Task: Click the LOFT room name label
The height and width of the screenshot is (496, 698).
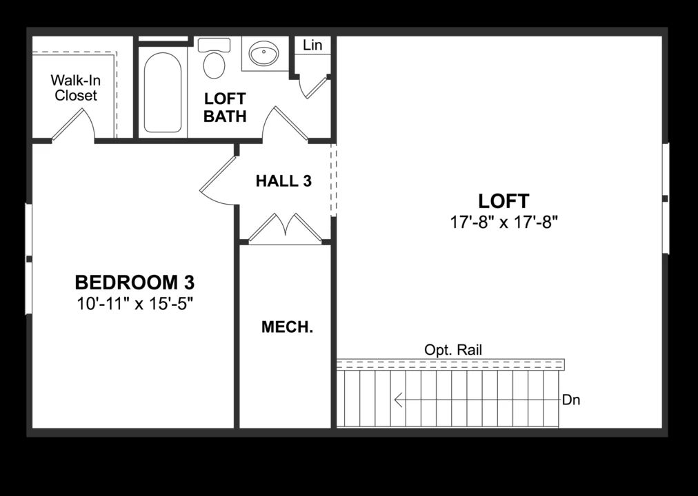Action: coord(503,201)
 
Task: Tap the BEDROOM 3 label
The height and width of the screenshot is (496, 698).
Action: coord(134,282)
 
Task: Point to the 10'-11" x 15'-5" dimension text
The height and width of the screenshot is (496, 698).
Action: coord(134,303)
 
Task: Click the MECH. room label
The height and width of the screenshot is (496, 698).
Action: coord(287,327)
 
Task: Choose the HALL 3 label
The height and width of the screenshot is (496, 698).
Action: coord(283,181)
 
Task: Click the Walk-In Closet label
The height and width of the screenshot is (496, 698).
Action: coord(76,88)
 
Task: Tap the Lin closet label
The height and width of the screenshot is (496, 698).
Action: coord(312,45)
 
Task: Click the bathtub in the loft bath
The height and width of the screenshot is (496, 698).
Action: coord(163,92)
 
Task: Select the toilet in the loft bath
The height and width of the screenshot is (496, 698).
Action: coord(214,60)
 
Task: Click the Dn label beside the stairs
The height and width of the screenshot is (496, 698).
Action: coord(571,400)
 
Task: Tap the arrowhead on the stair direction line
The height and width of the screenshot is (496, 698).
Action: coord(399,400)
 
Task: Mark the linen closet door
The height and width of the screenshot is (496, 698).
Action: coord(314,87)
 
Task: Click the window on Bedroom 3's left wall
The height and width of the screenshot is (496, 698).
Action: coord(28,258)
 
